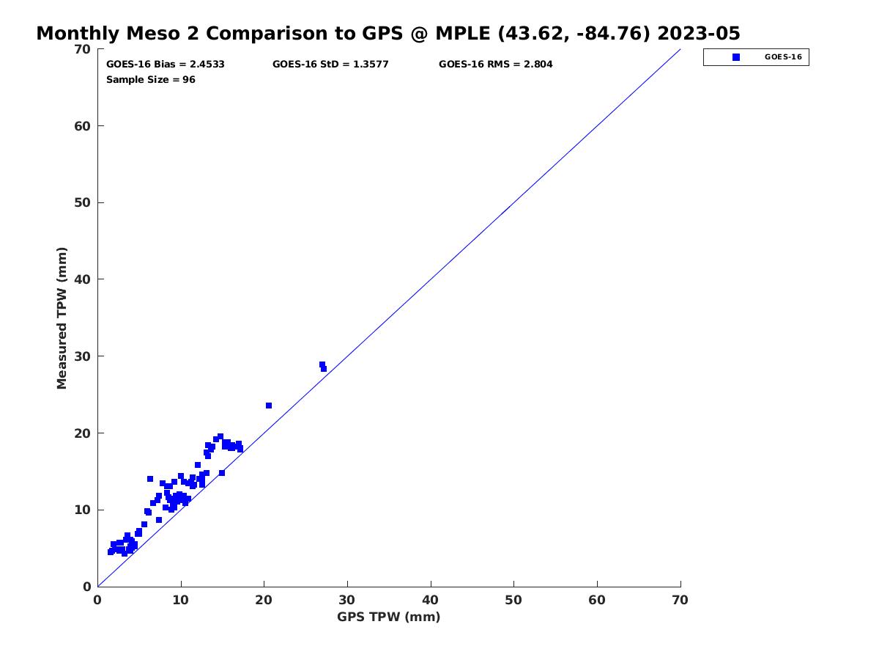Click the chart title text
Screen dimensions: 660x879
click(388, 34)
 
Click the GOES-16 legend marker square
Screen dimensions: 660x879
click(736, 57)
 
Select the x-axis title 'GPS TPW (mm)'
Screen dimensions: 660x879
click(388, 617)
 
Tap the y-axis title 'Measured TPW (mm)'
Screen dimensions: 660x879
click(62, 318)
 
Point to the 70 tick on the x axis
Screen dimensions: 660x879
click(680, 601)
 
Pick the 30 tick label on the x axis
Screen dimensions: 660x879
click(347, 601)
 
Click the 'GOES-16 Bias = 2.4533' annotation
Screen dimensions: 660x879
click(166, 65)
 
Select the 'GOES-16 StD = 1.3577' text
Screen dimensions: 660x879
click(330, 65)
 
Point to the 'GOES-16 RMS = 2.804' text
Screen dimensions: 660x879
click(496, 65)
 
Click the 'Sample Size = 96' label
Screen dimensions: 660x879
click(151, 79)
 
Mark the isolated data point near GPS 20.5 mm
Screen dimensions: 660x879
click(269, 406)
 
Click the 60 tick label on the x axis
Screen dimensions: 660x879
click(597, 601)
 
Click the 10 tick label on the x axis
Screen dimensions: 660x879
click(181, 601)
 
